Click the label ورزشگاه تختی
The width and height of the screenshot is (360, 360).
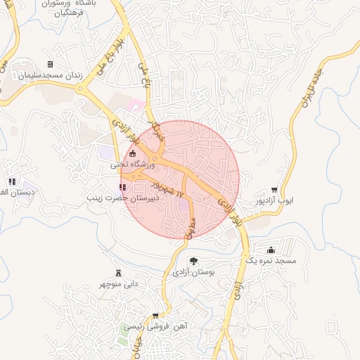point(127,165)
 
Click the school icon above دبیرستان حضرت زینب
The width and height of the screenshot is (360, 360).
point(124,187)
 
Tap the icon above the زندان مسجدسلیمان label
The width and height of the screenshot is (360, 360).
point(50,64)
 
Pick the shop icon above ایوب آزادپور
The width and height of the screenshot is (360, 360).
point(274,190)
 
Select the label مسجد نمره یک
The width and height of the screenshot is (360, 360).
point(271,261)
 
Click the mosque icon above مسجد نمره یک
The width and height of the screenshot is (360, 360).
point(271,250)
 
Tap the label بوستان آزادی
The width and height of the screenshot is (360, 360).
point(193,272)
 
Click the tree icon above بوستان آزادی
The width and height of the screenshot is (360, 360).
point(193,262)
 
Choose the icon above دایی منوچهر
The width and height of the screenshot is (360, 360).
point(117,273)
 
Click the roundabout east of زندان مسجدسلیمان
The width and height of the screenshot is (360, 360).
point(85,89)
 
